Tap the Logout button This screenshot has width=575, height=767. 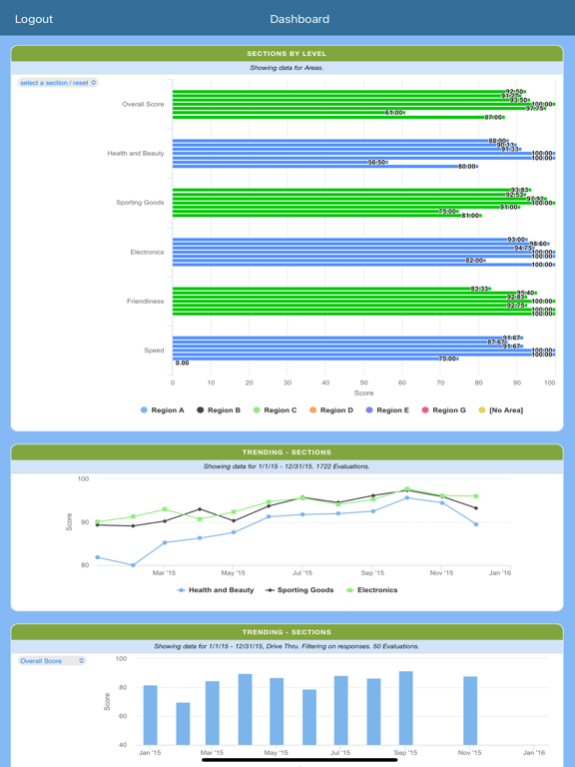coord(34,19)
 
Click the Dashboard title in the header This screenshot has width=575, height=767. coord(299,19)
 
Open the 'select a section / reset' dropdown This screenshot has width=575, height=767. coord(58,83)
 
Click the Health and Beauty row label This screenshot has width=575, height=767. coord(136,154)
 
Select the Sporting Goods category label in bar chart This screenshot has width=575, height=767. coord(140,203)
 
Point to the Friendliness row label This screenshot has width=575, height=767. coord(146,301)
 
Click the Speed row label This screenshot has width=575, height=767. coord(154,351)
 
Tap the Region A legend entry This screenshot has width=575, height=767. coord(164,410)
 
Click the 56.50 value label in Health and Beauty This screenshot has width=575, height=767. coord(377,162)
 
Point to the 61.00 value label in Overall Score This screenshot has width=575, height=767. coord(395,113)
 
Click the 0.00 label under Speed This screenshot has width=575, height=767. coord(183,364)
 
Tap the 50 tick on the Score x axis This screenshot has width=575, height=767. coord(363,383)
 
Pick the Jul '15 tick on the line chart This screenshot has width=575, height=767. coord(302,573)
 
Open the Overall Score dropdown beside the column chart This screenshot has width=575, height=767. coord(52,661)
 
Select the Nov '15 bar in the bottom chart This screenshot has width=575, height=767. coord(470,710)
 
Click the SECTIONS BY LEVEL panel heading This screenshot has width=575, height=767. coord(287,54)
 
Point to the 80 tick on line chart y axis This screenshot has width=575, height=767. coord(84,565)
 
